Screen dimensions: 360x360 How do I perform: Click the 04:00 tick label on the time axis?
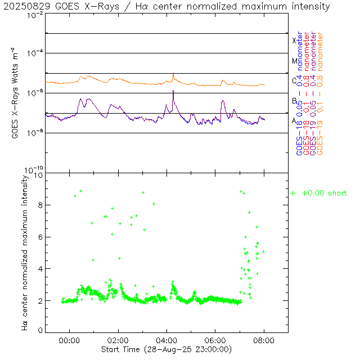166,340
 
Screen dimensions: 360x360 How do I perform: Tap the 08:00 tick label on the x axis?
264,340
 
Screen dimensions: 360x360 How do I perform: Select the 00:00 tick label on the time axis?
69,340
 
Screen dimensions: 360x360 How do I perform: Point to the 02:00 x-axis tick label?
118,340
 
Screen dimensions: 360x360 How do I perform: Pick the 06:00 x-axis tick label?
215,340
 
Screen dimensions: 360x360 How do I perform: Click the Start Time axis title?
166,350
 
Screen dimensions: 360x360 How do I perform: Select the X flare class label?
294,40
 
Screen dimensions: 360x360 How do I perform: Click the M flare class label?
294,61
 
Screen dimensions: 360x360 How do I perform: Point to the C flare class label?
294,80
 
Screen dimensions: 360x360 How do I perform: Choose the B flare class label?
294,101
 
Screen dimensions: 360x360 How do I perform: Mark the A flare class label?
294,120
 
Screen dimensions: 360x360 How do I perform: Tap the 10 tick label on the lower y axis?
39,175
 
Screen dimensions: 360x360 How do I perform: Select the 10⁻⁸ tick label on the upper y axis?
35,133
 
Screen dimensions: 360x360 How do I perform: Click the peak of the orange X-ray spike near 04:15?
173,73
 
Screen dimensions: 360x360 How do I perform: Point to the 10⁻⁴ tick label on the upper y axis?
35,53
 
